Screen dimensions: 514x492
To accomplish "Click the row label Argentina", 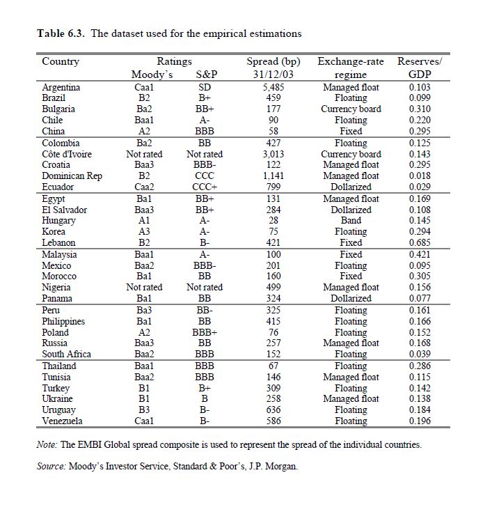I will (x=61, y=87).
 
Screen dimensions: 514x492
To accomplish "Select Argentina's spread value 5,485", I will (x=273, y=87).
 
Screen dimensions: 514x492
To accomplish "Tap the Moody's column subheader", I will (x=152, y=75).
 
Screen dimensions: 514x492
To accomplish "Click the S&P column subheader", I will (x=205, y=75).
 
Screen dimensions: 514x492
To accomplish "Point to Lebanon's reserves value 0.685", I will (x=419, y=242).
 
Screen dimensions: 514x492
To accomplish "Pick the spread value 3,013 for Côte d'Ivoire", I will (x=273, y=154).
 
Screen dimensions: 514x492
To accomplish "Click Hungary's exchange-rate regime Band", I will (x=351, y=220).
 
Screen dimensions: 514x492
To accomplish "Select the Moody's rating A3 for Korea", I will (x=143, y=231).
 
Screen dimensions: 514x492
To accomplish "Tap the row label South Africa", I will (x=67, y=354).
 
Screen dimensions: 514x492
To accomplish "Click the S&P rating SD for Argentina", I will (x=205, y=87).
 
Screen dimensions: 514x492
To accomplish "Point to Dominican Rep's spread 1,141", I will (x=273, y=176).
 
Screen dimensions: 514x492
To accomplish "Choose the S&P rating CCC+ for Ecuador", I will (x=205, y=187).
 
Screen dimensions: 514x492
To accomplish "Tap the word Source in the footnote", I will (x=51, y=466).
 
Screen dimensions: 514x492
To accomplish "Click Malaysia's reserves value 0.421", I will (x=419, y=254).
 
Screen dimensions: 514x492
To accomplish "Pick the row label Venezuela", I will (x=63, y=421).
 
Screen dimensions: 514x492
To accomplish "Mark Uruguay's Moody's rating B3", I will (x=143, y=410).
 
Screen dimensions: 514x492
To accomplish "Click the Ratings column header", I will (x=174, y=61).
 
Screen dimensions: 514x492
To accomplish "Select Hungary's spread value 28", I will (x=273, y=220).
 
